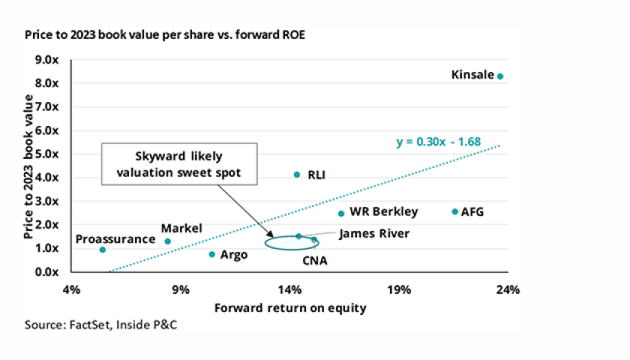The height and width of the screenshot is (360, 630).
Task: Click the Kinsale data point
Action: (x=500, y=76)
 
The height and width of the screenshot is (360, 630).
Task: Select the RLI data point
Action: (x=296, y=174)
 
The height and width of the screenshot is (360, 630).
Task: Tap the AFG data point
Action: (x=454, y=211)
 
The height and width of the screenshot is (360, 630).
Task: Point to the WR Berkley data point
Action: (x=341, y=213)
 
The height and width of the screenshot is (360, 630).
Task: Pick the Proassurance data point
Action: (x=103, y=249)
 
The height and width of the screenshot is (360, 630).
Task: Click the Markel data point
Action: (x=168, y=241)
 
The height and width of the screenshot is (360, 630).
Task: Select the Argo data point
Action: (x=212, y=254)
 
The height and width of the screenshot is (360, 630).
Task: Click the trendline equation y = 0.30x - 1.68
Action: (x=438, y=140)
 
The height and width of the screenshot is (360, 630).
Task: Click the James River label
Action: (x=374, y=234)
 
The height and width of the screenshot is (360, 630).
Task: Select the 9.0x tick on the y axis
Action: (x=49, y=59)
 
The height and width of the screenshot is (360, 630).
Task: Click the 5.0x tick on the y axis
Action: (x=49, y=154)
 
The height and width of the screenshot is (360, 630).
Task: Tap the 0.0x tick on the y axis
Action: (x=49, y=271)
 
